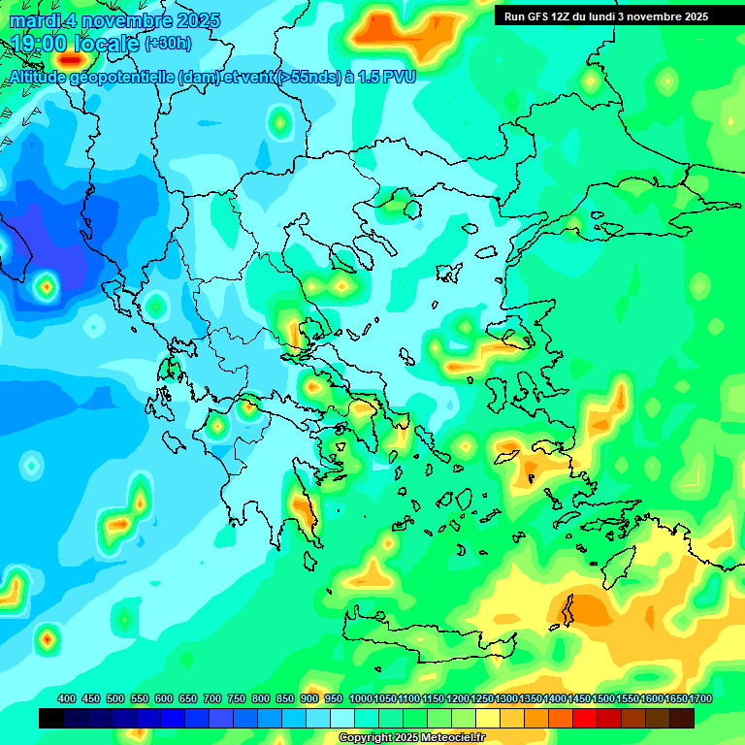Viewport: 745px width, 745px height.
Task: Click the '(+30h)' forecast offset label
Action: pyautogui.click(x=168, y=44)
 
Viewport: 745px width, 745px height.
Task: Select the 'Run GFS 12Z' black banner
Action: pyautogui.click(x=606, y=16)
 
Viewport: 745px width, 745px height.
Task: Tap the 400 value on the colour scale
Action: pyautogui.click(x=67, y=698)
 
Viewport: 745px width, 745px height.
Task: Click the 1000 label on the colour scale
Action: pyautogui.click(x=360, y=698)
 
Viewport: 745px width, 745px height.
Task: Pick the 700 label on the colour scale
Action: pyautogui.click(x=212, y=698)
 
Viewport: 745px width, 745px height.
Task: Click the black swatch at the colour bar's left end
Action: pyautogui.click(x=51, y=718)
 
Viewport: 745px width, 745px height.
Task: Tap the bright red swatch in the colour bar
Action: pyautogui.click(x=585, y=718)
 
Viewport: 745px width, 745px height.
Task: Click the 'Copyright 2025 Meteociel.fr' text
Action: pyautogui.click(x=411, y=738)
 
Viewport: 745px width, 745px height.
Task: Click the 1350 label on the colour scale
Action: pyautogui.click(x=530, y=698)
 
